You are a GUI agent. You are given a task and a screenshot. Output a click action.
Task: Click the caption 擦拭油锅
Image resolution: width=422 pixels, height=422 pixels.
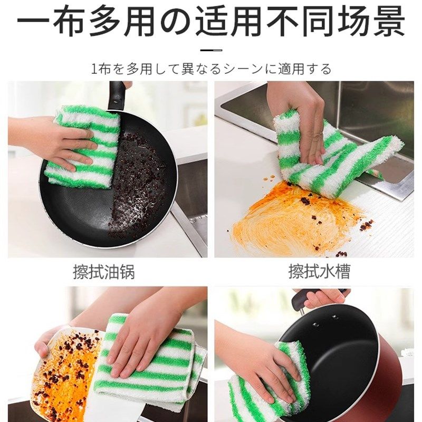pos(104,272)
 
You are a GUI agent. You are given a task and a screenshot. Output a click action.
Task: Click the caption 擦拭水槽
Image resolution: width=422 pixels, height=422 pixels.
pos(319,272)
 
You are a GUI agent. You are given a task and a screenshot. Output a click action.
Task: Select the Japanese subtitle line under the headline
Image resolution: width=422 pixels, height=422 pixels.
pos(211,69)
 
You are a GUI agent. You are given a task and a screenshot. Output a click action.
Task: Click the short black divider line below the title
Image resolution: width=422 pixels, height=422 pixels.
pos(211,50)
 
